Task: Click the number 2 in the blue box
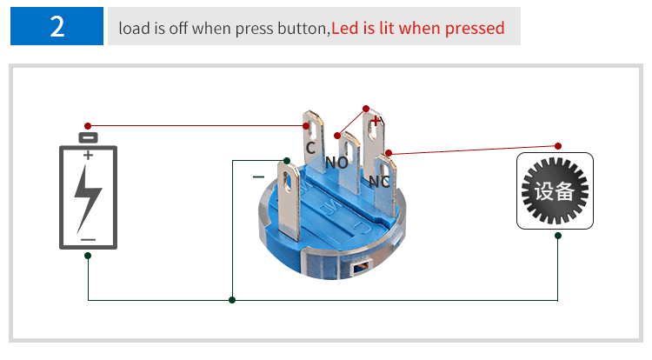click(x=57, y=27)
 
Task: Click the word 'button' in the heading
click(x=303, y=29)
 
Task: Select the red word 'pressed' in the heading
click(x=475, y=29)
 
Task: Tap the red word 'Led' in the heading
click(x=345, y=29)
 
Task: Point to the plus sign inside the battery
click(x=88, y=155)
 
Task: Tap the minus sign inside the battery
click(x=88, y=240)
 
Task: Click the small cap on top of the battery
click(x=88, y=137)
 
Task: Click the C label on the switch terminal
click(x=310, y=148)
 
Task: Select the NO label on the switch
click(x=336, y=163)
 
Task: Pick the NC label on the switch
click(x=379, y=182)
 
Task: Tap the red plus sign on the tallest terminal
click(x=375, y=121)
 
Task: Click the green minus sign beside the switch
click(x=258, y=177)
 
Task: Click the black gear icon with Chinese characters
click(x=555, y=190)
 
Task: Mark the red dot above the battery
click(x=87, y=126)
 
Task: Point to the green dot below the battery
click(x=88, y=256)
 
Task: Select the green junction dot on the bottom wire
click(x=232, y=300)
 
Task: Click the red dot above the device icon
click(x=558, y=146)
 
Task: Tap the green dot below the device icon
click(x=558, y=236)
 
